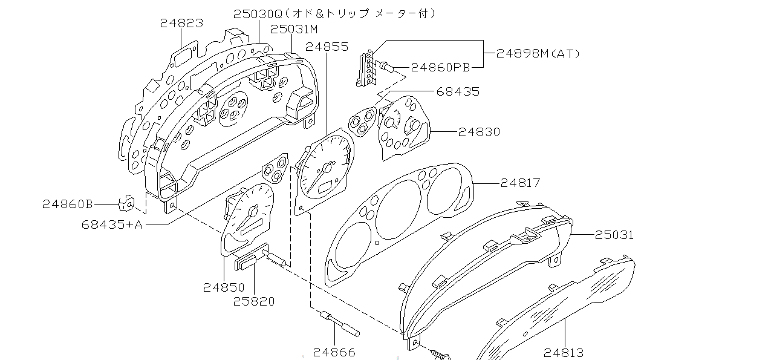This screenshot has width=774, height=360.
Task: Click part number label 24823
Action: pos(181,23)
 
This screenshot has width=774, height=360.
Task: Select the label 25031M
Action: pos(294,28)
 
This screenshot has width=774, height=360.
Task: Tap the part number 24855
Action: pos(327,46)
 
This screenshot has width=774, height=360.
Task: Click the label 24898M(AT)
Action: pos(538,53)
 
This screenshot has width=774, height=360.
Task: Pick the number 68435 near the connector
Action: pos(458,91)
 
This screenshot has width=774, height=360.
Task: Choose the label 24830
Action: pos(479,131)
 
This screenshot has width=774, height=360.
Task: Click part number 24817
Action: pos(520,182)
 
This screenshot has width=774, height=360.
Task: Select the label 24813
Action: pos(564,352)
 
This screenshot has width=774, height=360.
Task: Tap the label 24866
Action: pos(334,352)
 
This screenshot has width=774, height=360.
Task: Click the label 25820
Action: pos(254,301)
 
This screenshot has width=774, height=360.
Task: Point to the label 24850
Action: pos(224,287)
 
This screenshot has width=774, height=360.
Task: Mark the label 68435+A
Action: pos(112,224)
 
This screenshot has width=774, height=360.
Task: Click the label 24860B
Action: pos(67,204)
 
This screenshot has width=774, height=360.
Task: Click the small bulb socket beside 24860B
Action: pos(127,203)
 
